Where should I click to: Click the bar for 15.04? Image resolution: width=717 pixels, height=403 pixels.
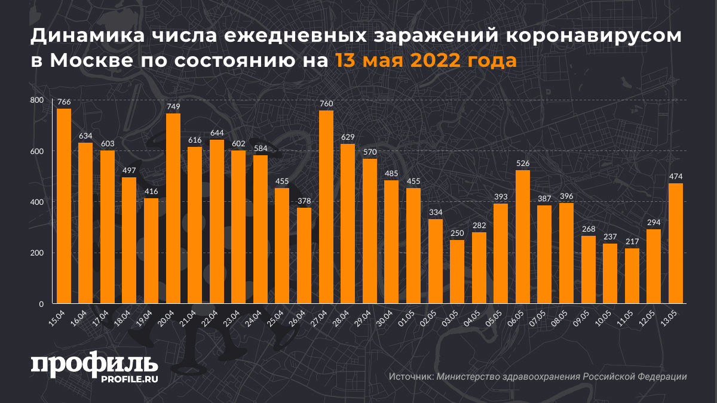click(x=64, y=206)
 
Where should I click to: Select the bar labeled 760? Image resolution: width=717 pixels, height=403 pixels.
click(x=326, y=207)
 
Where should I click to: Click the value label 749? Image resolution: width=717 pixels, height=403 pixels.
click(x=173, y=106)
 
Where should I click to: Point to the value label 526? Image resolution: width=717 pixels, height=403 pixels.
click(x=523, y=163)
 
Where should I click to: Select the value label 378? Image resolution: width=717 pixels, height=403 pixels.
click(x=305, y=201)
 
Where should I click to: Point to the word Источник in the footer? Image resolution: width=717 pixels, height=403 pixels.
click(x=410, y=377)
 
